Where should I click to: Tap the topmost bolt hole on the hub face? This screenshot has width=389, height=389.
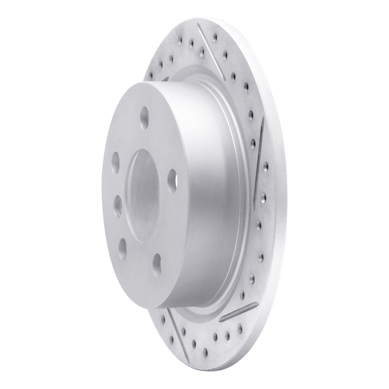tap(144, 117)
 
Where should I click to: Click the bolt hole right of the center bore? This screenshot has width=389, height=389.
tap(172, 181)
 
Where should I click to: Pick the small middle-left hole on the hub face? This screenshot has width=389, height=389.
tap(118, 206)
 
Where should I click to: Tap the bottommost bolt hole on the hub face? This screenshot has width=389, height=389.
tap(157, 265)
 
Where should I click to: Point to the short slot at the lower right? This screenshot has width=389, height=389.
tap(239, 312)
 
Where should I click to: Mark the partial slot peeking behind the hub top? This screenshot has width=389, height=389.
tap(165, 78)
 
